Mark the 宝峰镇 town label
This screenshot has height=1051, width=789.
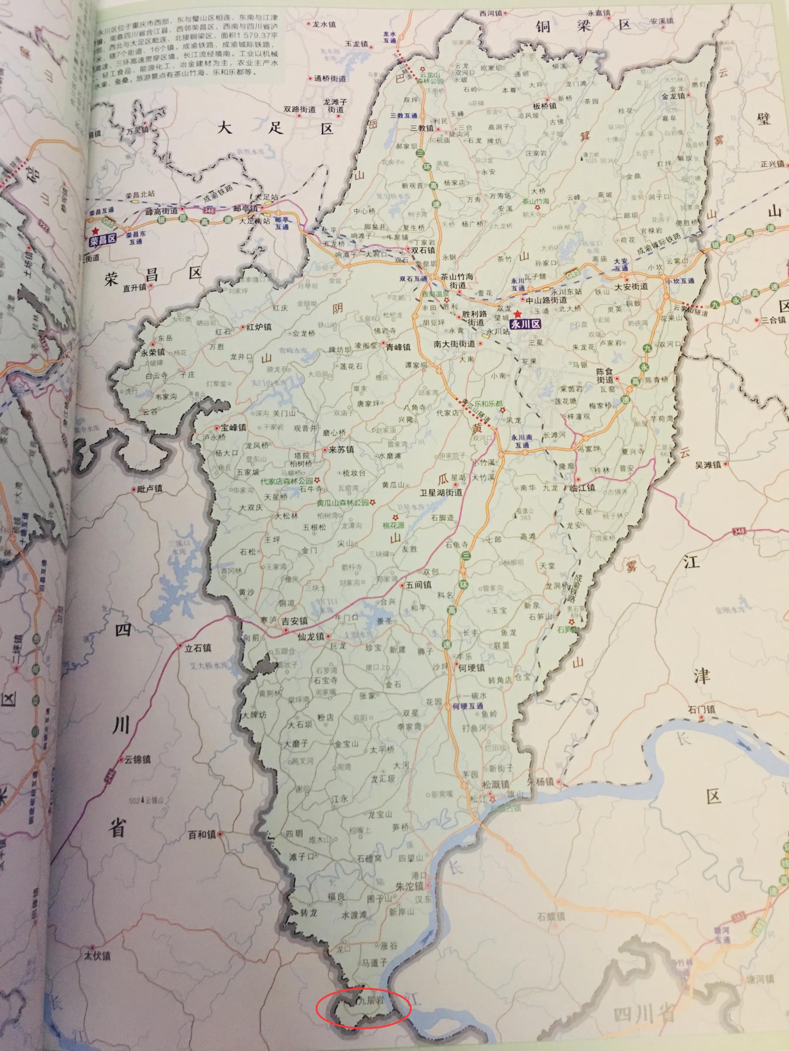232,427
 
